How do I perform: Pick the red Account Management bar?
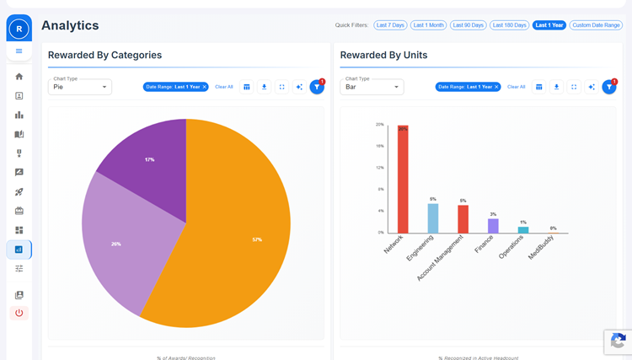[463, 219]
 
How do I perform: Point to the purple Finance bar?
[493, 225]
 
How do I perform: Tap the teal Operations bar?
[523, 229]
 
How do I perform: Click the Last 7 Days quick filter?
[390, 25]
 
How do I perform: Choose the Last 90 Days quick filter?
[469, 25]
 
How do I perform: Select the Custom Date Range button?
[596, 25]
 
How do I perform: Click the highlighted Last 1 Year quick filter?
[549, 25]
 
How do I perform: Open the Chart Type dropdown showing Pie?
[80, 87]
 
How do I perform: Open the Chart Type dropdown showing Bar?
[372, 87]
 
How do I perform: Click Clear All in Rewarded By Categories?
[224, 87]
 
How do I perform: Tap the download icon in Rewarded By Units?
[556, 87]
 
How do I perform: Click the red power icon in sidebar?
[19, 313]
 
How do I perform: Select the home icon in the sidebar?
[19, 77]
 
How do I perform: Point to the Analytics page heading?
[70, 26]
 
